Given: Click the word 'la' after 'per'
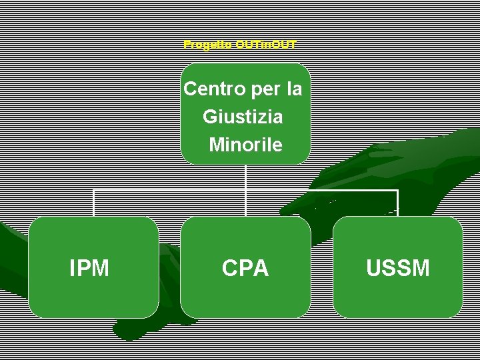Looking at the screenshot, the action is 294,89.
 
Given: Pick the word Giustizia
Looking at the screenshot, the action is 243,117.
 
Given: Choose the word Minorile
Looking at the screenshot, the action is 245,145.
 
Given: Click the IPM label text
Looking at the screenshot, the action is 89,268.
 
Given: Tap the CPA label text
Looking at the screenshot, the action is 245,268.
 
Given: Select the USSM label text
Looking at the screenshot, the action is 398,268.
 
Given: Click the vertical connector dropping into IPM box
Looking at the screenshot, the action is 93,203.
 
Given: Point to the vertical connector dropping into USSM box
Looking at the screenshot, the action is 398,203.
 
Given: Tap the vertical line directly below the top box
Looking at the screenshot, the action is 245,177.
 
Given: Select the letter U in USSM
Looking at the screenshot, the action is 373,268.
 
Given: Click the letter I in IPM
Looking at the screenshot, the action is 72,268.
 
